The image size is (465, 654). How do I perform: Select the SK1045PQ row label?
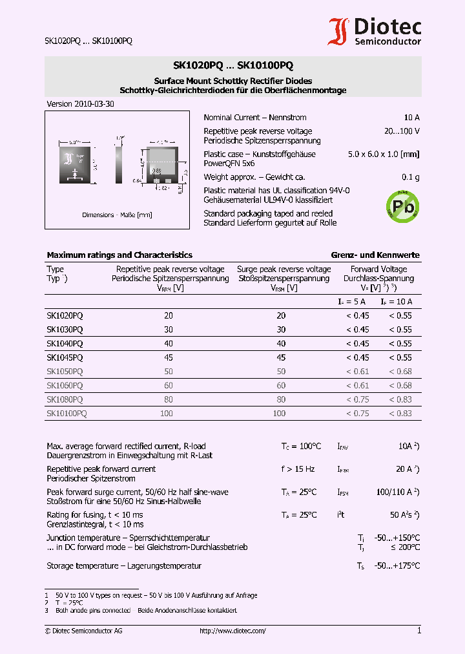coord(65,357)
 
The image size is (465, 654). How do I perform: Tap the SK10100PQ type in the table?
coord(67,414)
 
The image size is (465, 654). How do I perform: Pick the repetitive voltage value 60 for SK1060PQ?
coord(169,386)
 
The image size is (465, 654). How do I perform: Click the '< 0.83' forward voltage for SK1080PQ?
coord(400,399)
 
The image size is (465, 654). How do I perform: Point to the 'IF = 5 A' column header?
coord(352,301)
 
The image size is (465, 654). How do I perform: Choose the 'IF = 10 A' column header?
coord(396,301)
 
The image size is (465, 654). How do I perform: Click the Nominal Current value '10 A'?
coord(411,118)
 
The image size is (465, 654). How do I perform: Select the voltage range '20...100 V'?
coord(401,131)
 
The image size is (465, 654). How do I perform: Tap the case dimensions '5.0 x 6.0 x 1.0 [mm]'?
coord(384,154)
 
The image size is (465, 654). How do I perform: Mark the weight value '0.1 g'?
coord(411,177)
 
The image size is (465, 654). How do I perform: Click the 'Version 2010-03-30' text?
coord(81,104)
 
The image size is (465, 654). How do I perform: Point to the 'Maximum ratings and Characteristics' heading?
coord(119,255)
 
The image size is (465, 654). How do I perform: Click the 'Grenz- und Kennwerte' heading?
coord(375,255)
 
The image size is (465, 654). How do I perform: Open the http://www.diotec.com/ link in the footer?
coord(232,631)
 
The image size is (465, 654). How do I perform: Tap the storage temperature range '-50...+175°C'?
coord(398,566)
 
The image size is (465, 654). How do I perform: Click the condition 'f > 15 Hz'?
coord(298,469)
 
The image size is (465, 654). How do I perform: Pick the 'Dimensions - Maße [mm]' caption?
coord(117,215)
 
